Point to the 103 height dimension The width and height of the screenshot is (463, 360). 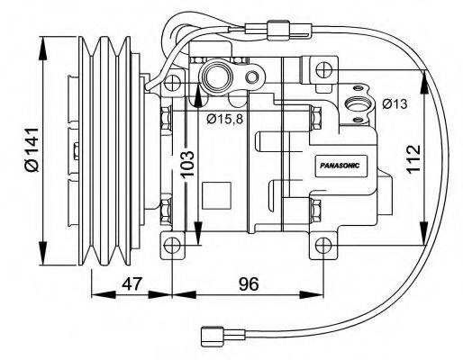coord(186,166)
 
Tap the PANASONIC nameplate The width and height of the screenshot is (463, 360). coord(340,166)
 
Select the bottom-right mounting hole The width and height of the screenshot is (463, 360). coord(323,244)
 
